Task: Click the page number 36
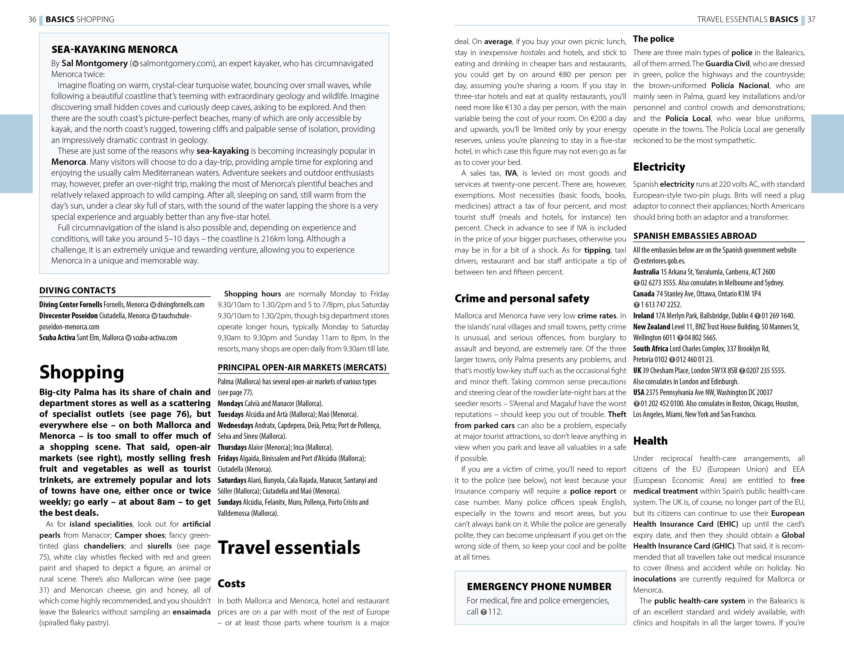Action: click(x=32, y=19)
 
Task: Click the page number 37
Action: click(x=811, y=19)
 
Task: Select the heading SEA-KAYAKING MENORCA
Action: click(x=114, y=49)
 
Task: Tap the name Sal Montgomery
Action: click(x=94, y=63)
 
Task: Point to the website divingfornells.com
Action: click(x=180, y=305)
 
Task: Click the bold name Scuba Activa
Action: click(x=57, y=337)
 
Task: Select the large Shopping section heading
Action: click(x=82, y=372)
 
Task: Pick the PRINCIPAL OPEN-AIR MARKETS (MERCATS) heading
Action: click(x=302, y=367)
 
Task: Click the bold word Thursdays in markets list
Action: click(x=232, y=447)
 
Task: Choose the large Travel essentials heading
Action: click(x=289, y=547)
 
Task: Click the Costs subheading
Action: click(x=231, y=583)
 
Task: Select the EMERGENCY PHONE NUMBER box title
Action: click(x=539, y=587)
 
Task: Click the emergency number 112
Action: click(x=495, y=612)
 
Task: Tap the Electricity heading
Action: click(x=659, y=167)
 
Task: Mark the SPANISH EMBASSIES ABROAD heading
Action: click(x=695, y=236)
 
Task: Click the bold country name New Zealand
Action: click(x=651, y=327)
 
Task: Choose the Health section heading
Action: click(x=650, y=441)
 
